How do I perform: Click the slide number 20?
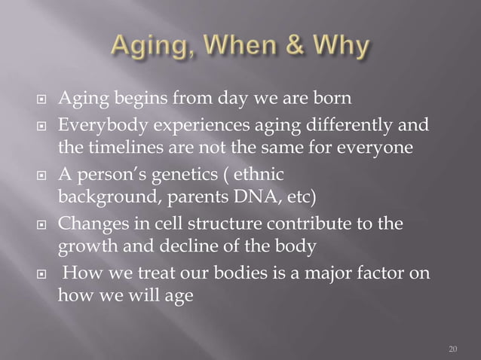click(x=452, y=349)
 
